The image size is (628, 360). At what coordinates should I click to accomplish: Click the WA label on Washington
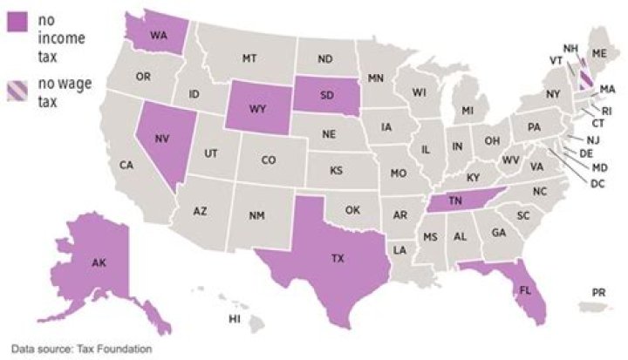(159, 36)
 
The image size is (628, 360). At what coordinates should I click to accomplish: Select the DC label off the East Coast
(597, 183)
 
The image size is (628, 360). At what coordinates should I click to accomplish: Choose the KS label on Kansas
(336, 170)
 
